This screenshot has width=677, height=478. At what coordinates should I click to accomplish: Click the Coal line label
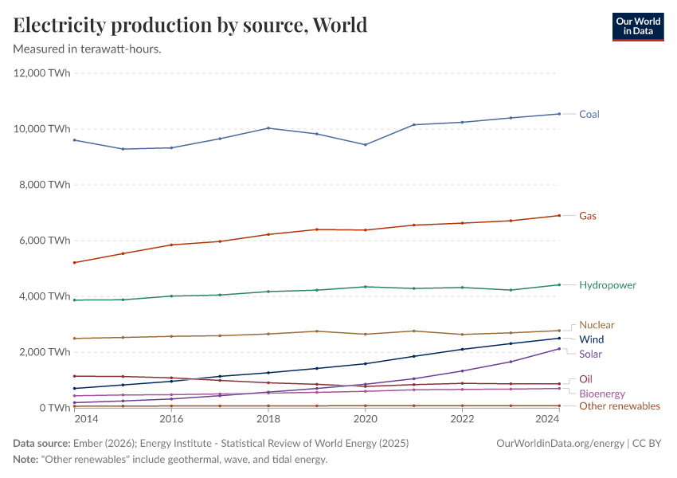point(589,114)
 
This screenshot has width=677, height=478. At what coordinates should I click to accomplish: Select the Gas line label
point(587,216)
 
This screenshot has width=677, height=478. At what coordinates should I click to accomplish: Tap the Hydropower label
point(607,285)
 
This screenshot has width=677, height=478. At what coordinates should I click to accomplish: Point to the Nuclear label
point(597,325)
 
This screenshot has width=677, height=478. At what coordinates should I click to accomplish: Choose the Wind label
point(591,339)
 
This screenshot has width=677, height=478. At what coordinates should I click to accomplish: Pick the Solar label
point(590,354)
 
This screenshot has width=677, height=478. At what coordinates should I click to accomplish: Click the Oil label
point(585,379)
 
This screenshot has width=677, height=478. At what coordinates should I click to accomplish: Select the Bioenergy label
point(601,394)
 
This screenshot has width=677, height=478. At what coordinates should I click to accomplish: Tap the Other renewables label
point(619,406)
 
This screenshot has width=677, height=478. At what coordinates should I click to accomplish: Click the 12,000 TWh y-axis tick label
point(42,73)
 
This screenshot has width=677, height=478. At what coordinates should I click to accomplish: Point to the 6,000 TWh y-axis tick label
point(45,241)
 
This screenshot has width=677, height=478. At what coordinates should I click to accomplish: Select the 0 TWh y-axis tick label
point(55,408)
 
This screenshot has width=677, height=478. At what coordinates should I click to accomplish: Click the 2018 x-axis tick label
point(268,418)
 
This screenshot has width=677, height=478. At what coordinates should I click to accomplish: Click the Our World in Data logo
point(637,25)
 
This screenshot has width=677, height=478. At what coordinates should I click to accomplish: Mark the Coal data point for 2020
point(366,144)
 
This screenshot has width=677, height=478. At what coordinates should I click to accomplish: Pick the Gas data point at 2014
point(74,262)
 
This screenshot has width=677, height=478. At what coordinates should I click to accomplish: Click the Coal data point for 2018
point(268,128)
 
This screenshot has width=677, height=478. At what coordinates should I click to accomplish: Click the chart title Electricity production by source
point(190,25)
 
